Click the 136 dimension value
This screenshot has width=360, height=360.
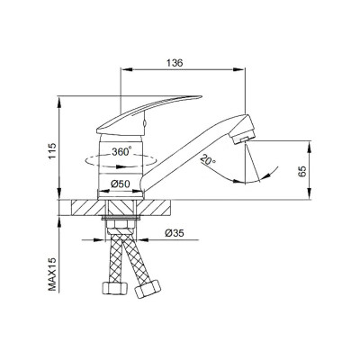click(x=175, y=63)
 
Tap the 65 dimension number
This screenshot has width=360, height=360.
click(x=302, y=171)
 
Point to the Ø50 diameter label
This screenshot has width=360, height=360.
click(x=121, y=184)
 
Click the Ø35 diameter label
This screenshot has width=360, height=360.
click(x=175, y=233)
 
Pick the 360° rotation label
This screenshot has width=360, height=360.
click(x=121, y=151)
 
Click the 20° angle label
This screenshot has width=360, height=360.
click(x=208, y=159)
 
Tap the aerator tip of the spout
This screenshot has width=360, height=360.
click(x=243, y=139)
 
